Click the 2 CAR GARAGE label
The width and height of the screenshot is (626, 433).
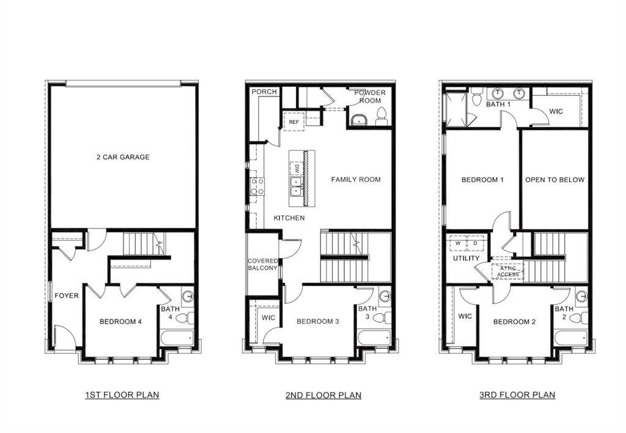[x=123, y=157]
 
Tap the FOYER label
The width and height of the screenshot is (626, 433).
[x=67, y=296]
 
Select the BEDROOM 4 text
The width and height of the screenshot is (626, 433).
[x=121, y=321]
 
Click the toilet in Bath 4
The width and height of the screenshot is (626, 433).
[x=186, y=318]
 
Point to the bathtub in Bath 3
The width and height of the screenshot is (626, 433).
[x=374, y=338]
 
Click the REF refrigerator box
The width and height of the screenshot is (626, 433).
[x=294, y=122]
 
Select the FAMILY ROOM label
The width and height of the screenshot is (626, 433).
[x=356, y=180]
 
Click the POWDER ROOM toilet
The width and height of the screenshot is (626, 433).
[x=381, y=115]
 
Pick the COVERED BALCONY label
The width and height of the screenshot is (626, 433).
[x=263, y=264]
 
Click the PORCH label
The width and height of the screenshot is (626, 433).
[x=264, y=92]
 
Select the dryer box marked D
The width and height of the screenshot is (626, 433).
[x=475, y=243]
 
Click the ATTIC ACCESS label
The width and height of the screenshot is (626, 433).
[x=508, y=271]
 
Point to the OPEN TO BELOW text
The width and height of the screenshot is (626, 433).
[x=554, y=180]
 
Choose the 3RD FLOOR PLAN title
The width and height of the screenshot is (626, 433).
[x=517, y=395]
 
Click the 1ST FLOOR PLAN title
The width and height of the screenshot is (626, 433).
[x=122, y=395]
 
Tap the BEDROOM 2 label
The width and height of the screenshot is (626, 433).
[x=515, y=321]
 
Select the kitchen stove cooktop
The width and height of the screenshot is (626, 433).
[x=257, y=186]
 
